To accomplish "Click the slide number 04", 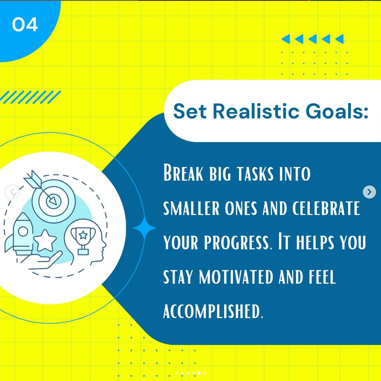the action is pyautogui.click(x=25, y=24).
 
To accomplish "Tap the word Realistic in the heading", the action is pyautogui.click(x=256, y=111).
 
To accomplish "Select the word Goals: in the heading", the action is pyautogui.click(x=337, y=111).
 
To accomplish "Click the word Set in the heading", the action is pyautogui.click(x=190, y=111).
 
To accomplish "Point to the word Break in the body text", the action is pyautogui.click(x=183, y=172).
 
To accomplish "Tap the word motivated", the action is pyautogui.click(x=236, y=277).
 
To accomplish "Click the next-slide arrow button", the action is pyautogui.click(x=369, y=192).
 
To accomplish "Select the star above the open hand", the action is pyautogui.click(x=45, y=240).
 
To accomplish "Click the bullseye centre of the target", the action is pyautogui.click(x=53, y=201).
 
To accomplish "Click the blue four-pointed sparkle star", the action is pyautogui.click(x=144, y=228).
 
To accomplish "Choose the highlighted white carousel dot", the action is pyautogui.click(x=199, y=373).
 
